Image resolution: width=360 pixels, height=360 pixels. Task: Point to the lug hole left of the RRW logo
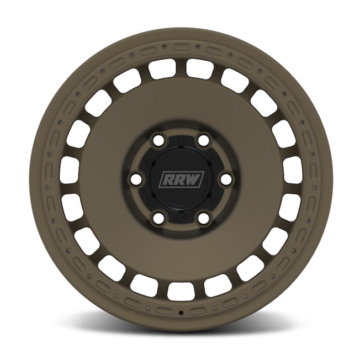pos(135,179)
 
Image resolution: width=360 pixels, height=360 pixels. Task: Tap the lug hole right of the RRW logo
pos(225,179)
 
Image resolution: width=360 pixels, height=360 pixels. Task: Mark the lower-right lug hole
pos(203,219)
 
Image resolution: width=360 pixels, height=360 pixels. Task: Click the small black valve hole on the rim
pos(181,313)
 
